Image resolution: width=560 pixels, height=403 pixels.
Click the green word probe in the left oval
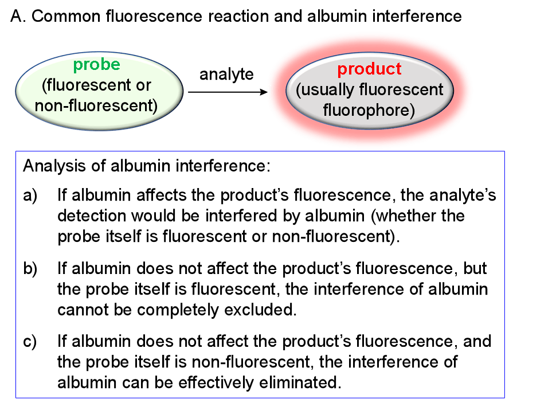point(96,64)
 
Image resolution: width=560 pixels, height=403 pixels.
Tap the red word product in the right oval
point(369,69)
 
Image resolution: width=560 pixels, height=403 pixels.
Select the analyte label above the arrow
point(226,75)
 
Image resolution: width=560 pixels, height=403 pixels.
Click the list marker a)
point(30,196)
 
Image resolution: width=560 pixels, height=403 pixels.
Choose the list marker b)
point(30,269)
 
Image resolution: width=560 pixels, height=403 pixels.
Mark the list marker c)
point(30,342)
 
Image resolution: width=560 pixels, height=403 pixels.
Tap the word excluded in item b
point(268,310)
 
